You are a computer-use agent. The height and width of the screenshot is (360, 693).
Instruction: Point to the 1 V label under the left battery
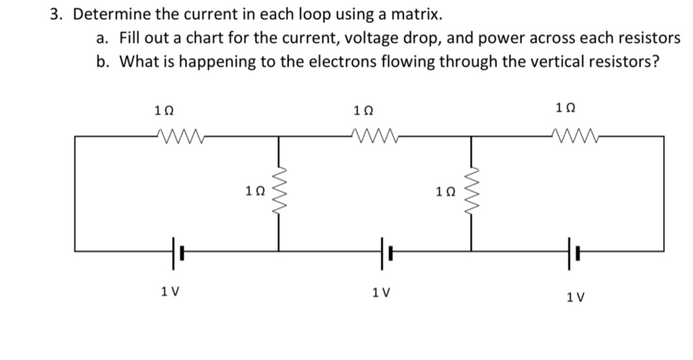click(x=170, y=292)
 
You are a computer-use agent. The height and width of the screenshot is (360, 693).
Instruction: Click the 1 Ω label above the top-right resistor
click(x=566, y=106)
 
